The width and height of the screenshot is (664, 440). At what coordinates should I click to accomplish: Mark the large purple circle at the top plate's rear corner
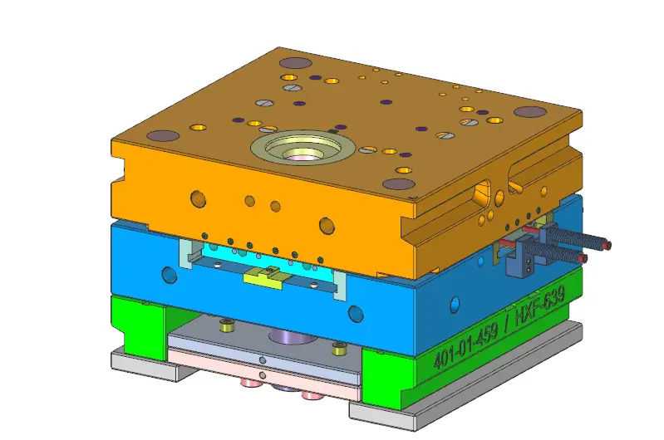coord(292,62)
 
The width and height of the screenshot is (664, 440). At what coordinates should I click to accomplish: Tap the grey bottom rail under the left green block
coord(145,364)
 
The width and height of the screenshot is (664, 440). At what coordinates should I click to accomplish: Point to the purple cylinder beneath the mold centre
coord(288,336)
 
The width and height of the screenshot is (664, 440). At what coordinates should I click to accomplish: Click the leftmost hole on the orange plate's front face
coord(198,198)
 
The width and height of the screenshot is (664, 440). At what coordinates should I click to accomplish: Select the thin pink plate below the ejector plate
coord(266,364)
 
